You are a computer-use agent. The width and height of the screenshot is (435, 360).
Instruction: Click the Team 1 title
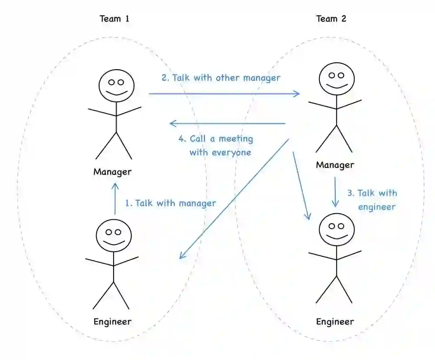114,19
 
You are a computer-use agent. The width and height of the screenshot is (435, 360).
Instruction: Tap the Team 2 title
331,19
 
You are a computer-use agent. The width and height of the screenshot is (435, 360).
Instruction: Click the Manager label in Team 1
112,172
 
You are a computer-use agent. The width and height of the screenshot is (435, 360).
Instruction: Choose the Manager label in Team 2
335,165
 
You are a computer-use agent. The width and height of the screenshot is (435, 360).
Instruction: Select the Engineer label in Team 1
112,322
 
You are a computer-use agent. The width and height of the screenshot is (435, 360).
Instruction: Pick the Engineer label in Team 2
335,322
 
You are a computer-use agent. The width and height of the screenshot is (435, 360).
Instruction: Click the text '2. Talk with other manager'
221,78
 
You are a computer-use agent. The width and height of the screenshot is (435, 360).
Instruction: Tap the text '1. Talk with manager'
171,203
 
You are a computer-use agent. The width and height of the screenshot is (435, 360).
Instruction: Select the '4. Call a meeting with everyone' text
215,146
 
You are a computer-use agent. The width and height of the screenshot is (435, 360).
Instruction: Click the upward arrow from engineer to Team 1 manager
115,198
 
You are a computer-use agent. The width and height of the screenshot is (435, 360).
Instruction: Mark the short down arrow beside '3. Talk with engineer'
335,192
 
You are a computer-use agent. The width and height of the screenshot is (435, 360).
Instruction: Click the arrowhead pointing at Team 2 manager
297,94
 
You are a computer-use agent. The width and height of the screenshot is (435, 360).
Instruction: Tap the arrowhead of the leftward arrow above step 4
172,124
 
